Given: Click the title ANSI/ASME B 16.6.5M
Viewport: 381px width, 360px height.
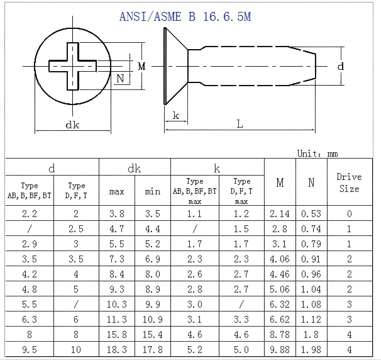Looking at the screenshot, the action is pos(185,17).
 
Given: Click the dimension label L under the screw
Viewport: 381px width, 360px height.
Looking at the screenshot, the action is pos(240,124).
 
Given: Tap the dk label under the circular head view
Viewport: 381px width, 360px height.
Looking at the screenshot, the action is pos(72,125).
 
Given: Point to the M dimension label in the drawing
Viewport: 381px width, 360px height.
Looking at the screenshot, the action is pos(141,66).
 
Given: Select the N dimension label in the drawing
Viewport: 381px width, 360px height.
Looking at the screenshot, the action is pos(120,79).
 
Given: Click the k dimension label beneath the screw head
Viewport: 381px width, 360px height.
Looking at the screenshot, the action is pos(176,115).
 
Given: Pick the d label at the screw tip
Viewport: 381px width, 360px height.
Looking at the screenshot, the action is pos(341,66).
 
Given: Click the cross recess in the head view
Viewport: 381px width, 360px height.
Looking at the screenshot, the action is pos(73,66).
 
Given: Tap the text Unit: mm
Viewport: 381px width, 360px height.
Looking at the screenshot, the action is pos(317,154).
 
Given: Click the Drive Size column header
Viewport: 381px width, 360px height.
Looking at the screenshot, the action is pos(349,183).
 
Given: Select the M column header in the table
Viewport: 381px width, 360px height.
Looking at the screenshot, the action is pos(280,182).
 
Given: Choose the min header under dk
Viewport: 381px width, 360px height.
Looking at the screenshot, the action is pos(153,191).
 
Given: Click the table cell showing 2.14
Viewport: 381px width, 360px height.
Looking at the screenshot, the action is pos(280,214).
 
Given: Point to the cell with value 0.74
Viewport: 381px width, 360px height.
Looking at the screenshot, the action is pos(311,229).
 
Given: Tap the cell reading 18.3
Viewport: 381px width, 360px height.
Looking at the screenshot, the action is pos(117,349).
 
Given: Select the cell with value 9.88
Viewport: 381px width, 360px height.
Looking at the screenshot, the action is pos(280,349).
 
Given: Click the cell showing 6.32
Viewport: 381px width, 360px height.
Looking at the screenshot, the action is pos(280,304).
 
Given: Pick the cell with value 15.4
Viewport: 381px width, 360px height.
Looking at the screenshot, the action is pos(153,334).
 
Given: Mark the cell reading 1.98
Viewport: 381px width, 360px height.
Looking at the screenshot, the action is pos(311,349).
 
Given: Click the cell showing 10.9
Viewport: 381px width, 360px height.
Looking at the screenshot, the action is pos(153,319).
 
